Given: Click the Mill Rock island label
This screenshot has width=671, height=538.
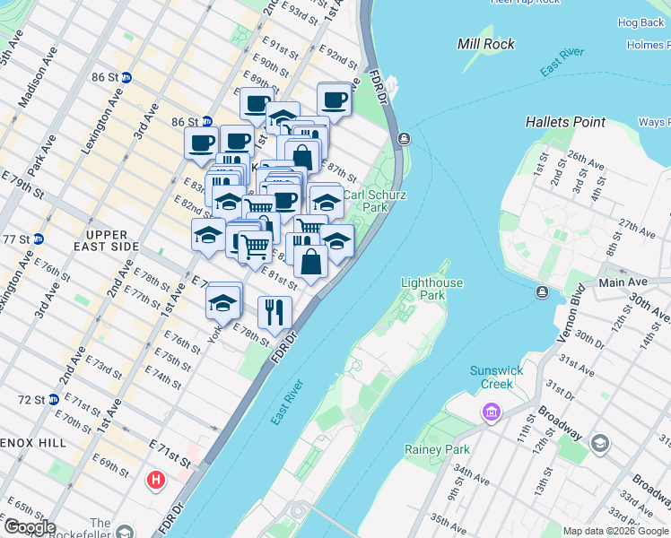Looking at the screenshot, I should pyautogui.click(x=486, y=43).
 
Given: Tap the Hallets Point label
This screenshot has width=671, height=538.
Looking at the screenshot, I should pyautogui.click(x=565, y=121).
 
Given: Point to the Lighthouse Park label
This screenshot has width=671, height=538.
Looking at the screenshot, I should pyautogui.click(x=431, y=289).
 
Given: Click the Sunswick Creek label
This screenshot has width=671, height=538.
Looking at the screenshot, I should pyautogui.click(x=491, y=377).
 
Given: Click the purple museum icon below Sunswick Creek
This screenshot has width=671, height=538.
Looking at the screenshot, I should pyautogui.click(x=491, y=412).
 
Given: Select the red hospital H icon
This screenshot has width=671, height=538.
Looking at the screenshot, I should pyautogui.click(x=157, y=481).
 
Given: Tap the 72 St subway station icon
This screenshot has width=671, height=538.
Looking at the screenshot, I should pyautogui.click(x=54, y=399).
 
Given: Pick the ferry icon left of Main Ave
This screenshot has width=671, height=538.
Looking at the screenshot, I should pyautogui.click(x=542, y=292).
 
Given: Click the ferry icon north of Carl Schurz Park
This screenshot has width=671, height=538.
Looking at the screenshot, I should pyautogui.click(x=405, y=138).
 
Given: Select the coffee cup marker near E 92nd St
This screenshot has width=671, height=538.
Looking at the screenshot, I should pyautogui.click(x=334, y=99).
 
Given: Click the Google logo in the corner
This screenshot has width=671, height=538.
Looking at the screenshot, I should pyautogui.click(x=30, y=527).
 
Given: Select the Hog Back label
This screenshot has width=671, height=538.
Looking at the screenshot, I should pyautogui.click(x=640, y=22).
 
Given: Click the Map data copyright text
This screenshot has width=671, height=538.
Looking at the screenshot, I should pyautogui.click(x=614, y=531).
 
